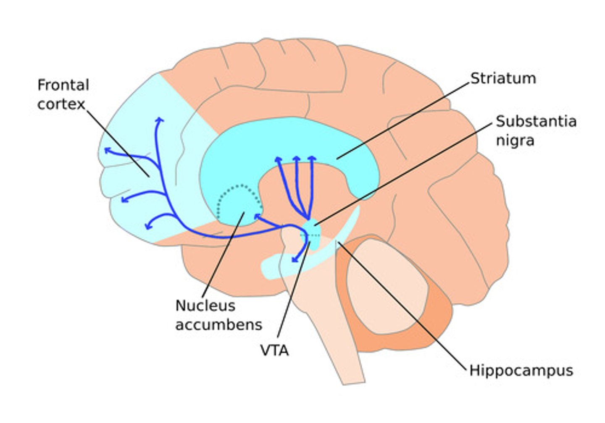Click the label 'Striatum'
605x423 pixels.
pyautogui.click(x=503, y=78)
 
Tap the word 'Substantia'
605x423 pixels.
pyautogui.click(x=536, y=121)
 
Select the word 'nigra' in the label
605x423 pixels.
pyautogui.click(x=515, y=140)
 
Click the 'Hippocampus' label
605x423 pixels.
pyautogui.click(x=521, y=371)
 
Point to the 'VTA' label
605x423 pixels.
pyautogui.click(x=274, y=350)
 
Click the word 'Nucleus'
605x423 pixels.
pyautogui.click(x=205, y=305)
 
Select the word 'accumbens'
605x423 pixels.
pyautogui.click(x=218, y=324)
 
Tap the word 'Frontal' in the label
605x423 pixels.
pyautogui.click(x=63, y=85)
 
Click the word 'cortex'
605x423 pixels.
pyautogui.click(x=61, y=104)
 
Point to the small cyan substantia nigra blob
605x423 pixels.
pyautogui.click(x=312, y=229)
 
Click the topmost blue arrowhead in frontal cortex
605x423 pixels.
pyautogui.click(x=159, y=120)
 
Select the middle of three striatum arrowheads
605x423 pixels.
pyautogui.click(x=297, y=159)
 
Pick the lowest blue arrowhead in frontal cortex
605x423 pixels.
pyautogui.click(x=147, y=226)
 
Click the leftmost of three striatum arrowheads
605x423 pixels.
pyautogui.click(x=278, y=159)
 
